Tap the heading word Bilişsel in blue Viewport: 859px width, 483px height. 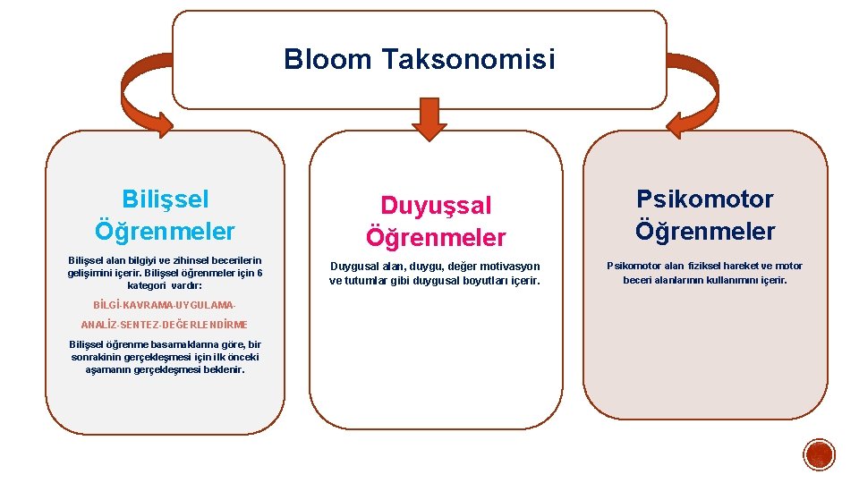(165, 199)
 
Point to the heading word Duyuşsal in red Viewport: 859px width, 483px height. (436, 206)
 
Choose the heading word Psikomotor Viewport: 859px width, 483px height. (705, 199)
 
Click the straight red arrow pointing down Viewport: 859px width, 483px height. (429, 119)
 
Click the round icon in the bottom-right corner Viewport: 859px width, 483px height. (819, 455)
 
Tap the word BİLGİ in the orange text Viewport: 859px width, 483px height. (106, 306)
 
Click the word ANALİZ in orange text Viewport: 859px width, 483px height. (98, 325)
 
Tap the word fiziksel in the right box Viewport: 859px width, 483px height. (710, 266)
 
